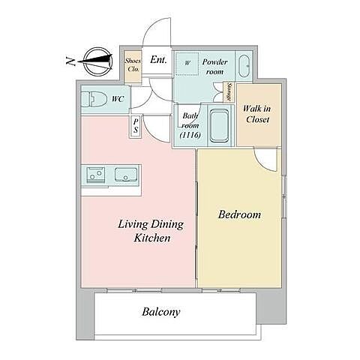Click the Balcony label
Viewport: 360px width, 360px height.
pos(161,312)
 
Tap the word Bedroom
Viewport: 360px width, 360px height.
pos(239,214)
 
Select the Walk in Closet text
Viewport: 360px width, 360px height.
pos(257,114)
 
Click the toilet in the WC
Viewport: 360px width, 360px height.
pos(92,99)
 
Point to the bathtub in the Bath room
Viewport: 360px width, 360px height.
pos(219,125)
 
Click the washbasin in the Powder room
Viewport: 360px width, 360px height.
pos(244,66)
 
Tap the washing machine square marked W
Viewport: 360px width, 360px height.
pos(187,64)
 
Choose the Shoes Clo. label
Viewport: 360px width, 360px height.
pos(133,64)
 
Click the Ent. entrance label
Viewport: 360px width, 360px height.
pos(158,60)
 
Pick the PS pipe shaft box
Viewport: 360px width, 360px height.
pos(136,126)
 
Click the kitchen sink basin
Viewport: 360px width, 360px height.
pos(126,174)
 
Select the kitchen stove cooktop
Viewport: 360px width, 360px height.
pos(95,174)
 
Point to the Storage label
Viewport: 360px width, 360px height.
pos(229,91)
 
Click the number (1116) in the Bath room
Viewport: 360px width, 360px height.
pos(190,135)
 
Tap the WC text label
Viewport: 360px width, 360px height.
pos(118,99)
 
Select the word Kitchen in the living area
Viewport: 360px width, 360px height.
pos(152,238)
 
